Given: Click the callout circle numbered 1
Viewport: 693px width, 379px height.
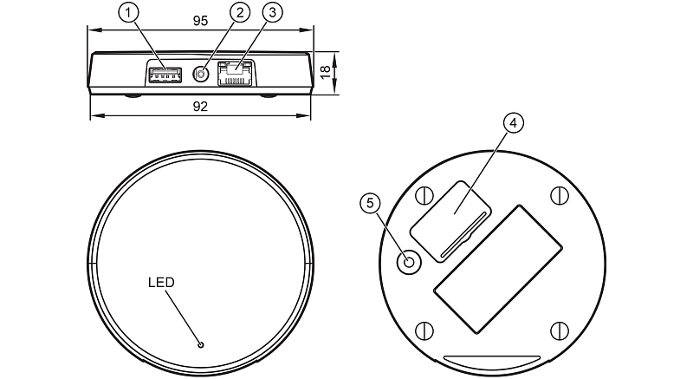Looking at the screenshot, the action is (x=128, y=13).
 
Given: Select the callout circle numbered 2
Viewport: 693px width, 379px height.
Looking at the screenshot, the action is (x=240, y=13).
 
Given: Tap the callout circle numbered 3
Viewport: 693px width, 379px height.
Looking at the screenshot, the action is (x=272, y=13).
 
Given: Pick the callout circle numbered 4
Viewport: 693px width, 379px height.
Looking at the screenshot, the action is (x=513, y=123).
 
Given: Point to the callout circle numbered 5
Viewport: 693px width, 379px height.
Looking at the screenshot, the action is (x=371, y=203).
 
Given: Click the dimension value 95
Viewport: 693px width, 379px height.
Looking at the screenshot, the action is (x=200, y=21).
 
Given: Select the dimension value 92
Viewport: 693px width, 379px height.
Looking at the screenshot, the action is (x=200, y=107).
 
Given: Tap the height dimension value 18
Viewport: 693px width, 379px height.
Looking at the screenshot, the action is (x=325, y=72).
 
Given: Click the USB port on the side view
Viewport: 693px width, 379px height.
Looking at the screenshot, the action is (x=165, y=75).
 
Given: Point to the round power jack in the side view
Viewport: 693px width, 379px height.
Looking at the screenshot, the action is (x=201, y=75).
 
